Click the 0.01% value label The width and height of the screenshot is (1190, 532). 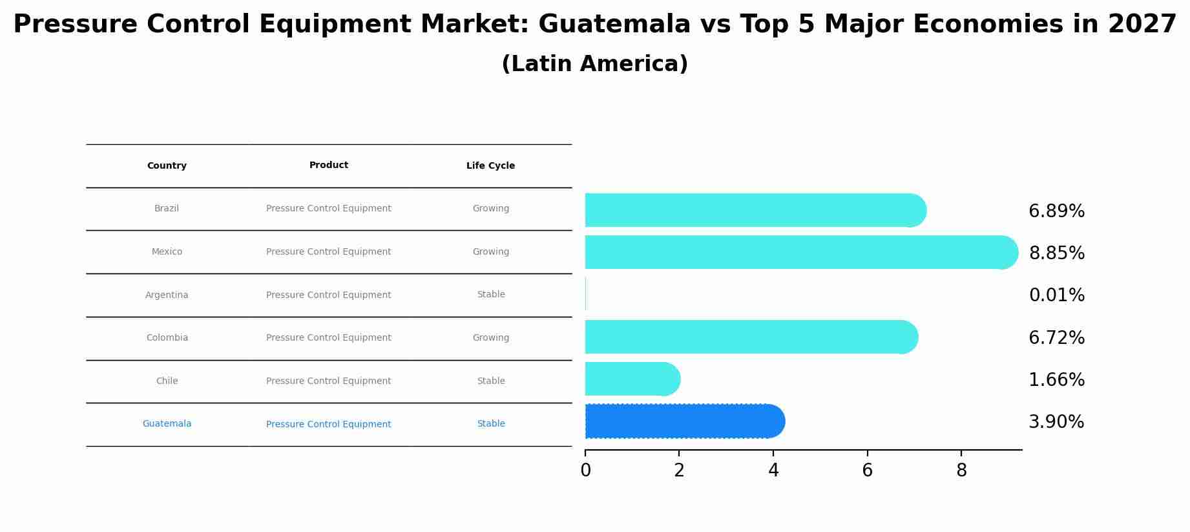[1056, 295]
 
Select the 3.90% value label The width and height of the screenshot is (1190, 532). [1056, 422]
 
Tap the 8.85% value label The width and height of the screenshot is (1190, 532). [1056, 253]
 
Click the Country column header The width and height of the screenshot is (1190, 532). [167, 166]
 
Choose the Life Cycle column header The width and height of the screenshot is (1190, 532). [490, 166]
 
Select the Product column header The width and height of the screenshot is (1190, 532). [328, 165]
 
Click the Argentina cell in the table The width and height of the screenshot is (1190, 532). [167, 295]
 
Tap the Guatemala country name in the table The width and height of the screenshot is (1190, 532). [167, 424]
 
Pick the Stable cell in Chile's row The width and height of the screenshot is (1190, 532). [490, 381]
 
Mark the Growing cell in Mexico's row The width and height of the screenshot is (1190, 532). [490, 252]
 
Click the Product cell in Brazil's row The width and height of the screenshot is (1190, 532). [328, 209]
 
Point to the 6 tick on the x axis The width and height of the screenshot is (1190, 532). [867, 471]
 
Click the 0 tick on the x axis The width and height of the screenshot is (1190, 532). [585, 471]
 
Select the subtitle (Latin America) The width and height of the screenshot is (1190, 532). [594, 64]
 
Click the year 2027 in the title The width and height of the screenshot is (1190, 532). [1142, 25]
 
